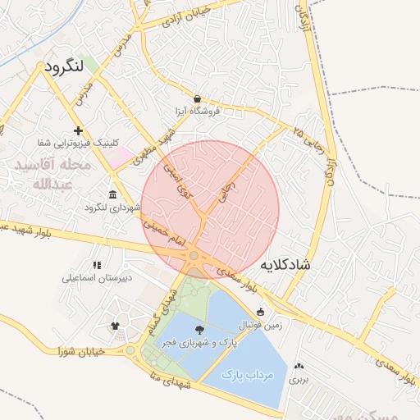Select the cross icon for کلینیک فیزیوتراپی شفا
click(x=78, y=130)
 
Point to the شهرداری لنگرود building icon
click(x=112, y=194)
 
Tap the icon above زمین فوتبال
click(x=261, y=312)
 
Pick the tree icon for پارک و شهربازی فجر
click(x=199, y=329)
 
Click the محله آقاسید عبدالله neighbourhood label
click(x=50, y=175)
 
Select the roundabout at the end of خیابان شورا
click(x=130, y=351)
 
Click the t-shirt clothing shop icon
click(x=115, y=327)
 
